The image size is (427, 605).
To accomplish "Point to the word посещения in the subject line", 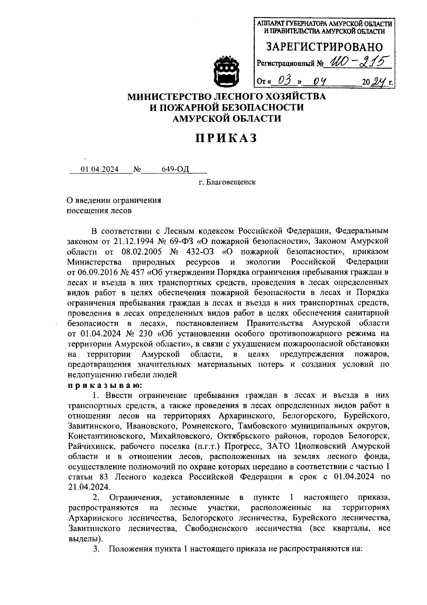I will point(85,211).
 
